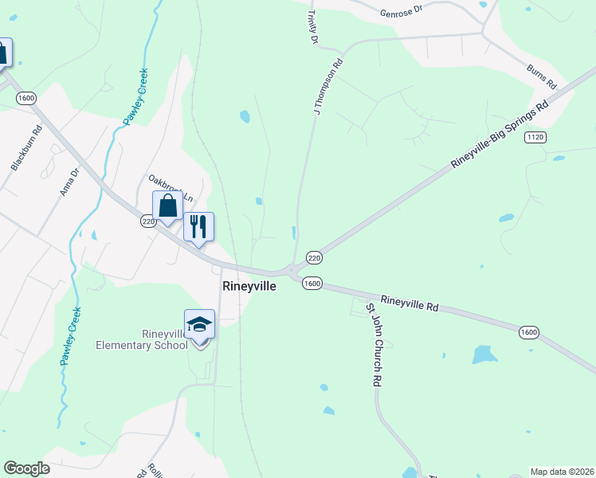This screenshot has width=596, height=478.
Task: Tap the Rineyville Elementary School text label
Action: click(x=142, y=339)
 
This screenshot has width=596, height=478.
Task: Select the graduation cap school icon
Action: click(x=199, y=325)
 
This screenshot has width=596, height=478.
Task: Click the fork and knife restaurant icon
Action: click(x=198, y=226)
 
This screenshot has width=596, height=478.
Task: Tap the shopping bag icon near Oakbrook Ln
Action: click(x=168, y=206)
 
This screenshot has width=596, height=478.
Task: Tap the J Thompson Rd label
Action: click(x=327, y=87)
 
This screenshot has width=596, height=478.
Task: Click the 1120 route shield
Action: click(x=535, y=138)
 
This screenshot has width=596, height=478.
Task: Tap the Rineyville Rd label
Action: click(x=410, y=303)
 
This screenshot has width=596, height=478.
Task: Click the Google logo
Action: click(x=26, y=468)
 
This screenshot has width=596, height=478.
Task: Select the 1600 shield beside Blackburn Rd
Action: click(x=25, y=98)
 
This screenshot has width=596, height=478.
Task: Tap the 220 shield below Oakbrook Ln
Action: click(x=148, y=221)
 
